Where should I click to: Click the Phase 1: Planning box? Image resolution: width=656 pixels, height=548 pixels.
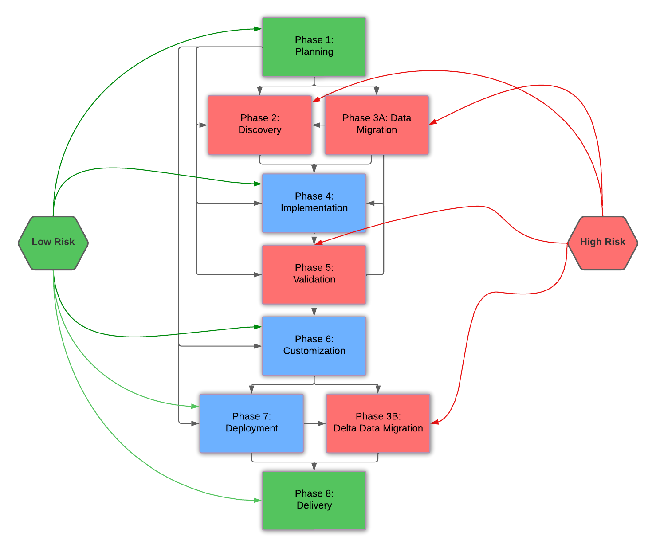(x=314, y=47)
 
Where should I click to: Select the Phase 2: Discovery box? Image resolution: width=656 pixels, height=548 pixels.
(x=260, y=125)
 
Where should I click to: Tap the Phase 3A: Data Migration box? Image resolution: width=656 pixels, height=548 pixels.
(x=377, y=125)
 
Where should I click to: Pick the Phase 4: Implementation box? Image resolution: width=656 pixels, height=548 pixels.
(x=314, y=203)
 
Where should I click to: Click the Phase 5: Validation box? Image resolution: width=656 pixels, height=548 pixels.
(x=314, y=274)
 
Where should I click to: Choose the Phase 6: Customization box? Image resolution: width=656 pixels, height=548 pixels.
(x=314, y=346)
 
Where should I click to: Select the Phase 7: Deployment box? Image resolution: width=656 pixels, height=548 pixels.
(x=251, y=423)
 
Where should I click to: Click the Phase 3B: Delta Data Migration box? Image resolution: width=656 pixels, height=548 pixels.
(x=378, y=423)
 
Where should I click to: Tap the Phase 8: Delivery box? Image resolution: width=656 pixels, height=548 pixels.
(x=314, y=501)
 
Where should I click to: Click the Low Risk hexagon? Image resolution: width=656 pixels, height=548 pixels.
(x=53, y=243)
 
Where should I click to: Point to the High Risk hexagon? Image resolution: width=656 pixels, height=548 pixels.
(x=602, y=243)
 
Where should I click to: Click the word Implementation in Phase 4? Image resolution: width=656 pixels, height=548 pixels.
(x=314, y=208)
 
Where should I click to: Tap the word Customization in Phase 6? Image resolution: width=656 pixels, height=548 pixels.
(x=314, y=351)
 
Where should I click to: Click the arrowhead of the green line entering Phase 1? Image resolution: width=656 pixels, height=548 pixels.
(x=258, y=29)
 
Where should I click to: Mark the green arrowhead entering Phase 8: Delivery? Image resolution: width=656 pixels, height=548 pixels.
(x=258, y=501)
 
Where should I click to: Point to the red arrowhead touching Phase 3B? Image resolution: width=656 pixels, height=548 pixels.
(x=435, y=423)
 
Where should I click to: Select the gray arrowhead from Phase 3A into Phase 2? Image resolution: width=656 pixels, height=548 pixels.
(x=316, y=125)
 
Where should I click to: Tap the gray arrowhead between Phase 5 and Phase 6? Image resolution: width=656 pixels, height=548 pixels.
(x=314, y=312)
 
